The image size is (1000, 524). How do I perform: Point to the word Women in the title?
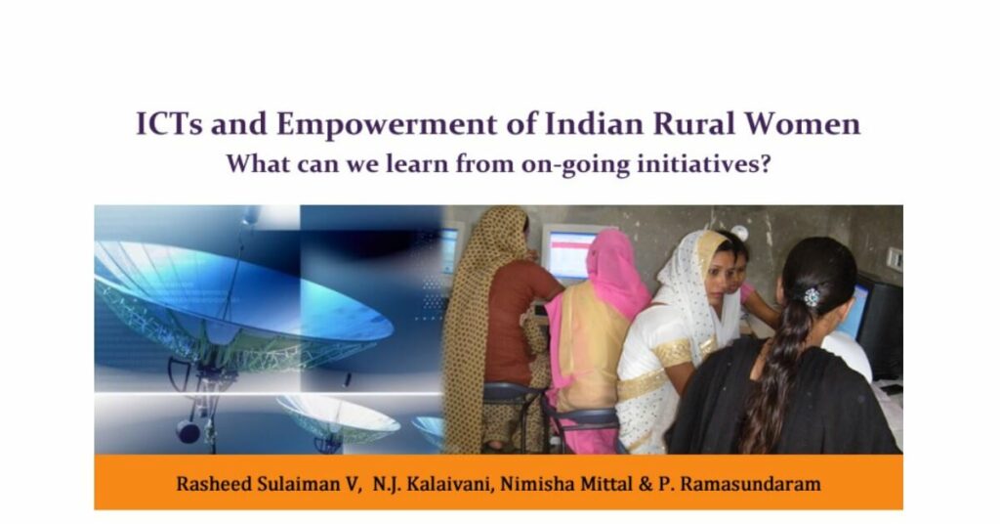click(806, 125)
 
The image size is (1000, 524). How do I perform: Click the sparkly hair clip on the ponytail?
click(812, 296)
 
